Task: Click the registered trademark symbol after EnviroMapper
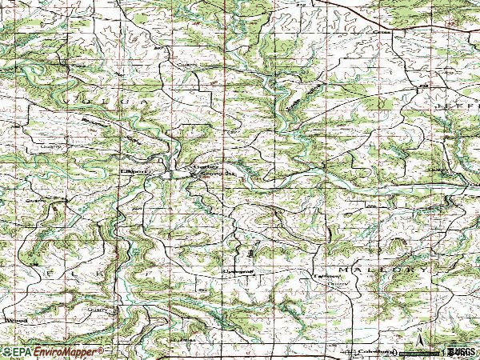pyautogui.click(x=102, y=349)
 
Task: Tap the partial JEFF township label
pyautogui.click(x=456, y=106)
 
